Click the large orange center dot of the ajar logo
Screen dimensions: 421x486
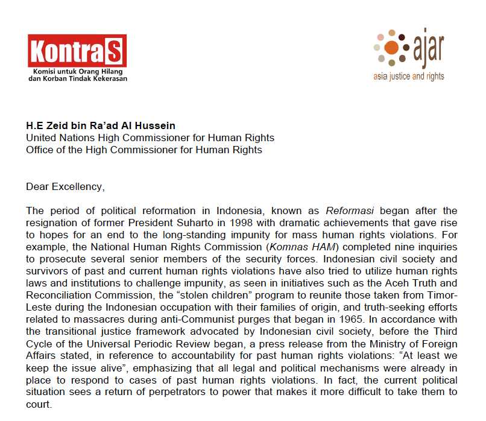pos(391,47)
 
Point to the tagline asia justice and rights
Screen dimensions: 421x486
pos(408,77)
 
